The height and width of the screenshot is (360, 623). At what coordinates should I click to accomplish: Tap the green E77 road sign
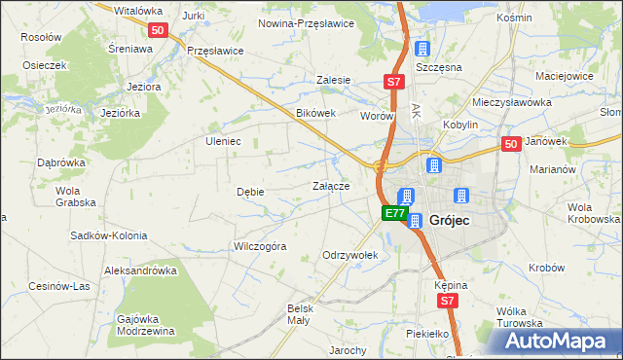[393, 213]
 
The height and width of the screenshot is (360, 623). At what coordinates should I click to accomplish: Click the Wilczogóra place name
[260, 246]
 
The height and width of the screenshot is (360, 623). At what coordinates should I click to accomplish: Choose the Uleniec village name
[223, 140]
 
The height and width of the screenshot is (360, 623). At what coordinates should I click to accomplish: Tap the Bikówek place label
[315, 113]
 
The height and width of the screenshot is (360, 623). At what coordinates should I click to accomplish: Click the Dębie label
[250, 192]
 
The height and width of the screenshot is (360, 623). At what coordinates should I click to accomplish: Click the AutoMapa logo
[555, 341]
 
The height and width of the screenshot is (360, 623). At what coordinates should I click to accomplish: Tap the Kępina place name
[452, 285]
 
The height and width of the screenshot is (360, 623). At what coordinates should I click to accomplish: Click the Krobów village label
[546, 268]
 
